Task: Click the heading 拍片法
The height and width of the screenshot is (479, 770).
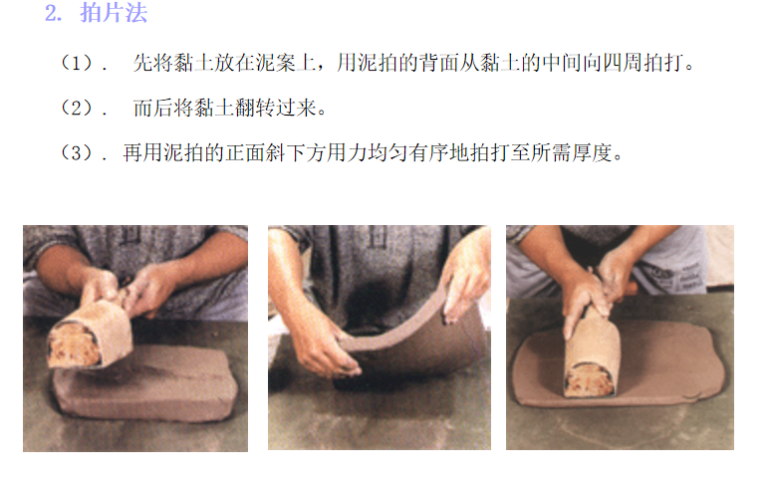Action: tap(114, 13)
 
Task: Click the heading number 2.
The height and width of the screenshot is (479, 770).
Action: tap(53, 13)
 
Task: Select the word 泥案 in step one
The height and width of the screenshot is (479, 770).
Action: tap(276, 63)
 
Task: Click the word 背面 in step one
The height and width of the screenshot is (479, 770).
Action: tap(438, 63)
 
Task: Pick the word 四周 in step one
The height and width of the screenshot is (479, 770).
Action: tap(623, 63)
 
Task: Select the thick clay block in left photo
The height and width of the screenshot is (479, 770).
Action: tap(144, 382)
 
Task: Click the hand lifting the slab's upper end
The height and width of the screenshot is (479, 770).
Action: tap(465, 282)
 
